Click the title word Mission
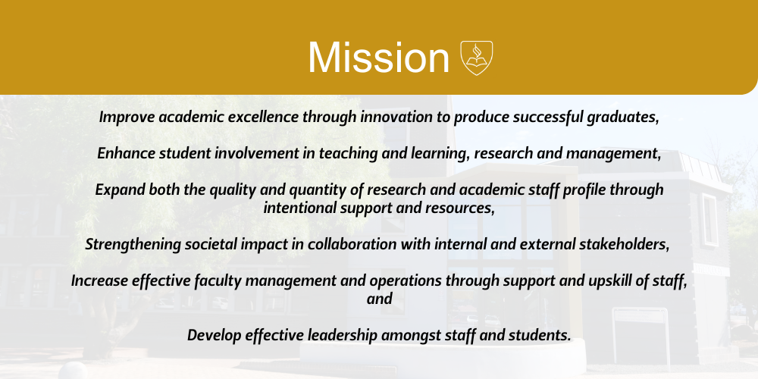(379, 58)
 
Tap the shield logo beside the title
(477, 58)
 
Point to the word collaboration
(352, 244)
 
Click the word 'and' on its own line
(379, 299)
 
